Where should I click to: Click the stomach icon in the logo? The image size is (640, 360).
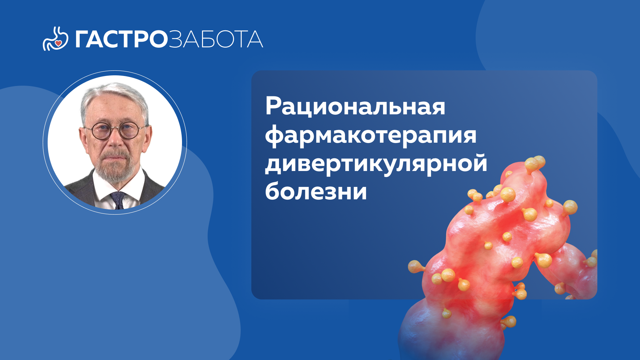coord(55,39)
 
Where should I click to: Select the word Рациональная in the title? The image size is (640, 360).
coord(355,107)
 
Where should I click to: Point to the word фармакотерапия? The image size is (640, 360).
coord(371,136)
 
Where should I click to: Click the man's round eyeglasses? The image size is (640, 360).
coord(115,131)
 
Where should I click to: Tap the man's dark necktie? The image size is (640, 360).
coord(118,200)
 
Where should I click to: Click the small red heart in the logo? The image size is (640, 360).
coord(58,43)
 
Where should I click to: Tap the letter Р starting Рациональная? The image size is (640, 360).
coord(272,106)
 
